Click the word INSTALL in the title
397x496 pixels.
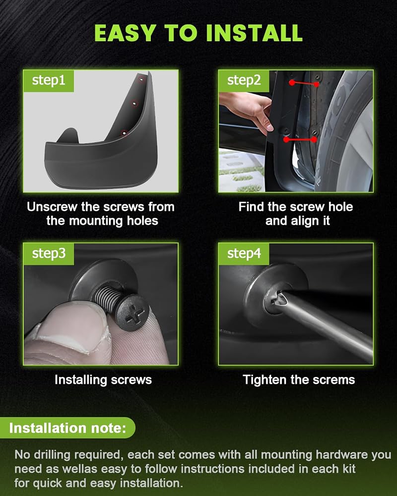tap(254, 33)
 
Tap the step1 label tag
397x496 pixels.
tap(49, 81)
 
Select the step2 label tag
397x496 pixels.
tap(244, 81)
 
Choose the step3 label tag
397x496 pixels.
tap(49, 254)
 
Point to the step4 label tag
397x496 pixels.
tap(244, 254)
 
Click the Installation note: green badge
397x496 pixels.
tap(67, 428)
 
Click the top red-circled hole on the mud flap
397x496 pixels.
tap(141, 79)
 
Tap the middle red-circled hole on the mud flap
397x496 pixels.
tap(135, 104)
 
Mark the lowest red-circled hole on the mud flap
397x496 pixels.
tap(124, 133)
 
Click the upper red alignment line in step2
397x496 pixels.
tap(304, 83)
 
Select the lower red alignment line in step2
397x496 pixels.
tap(300, 139)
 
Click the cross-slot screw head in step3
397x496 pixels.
tap(132, 313)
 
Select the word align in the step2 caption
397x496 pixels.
tap(292, 221)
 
